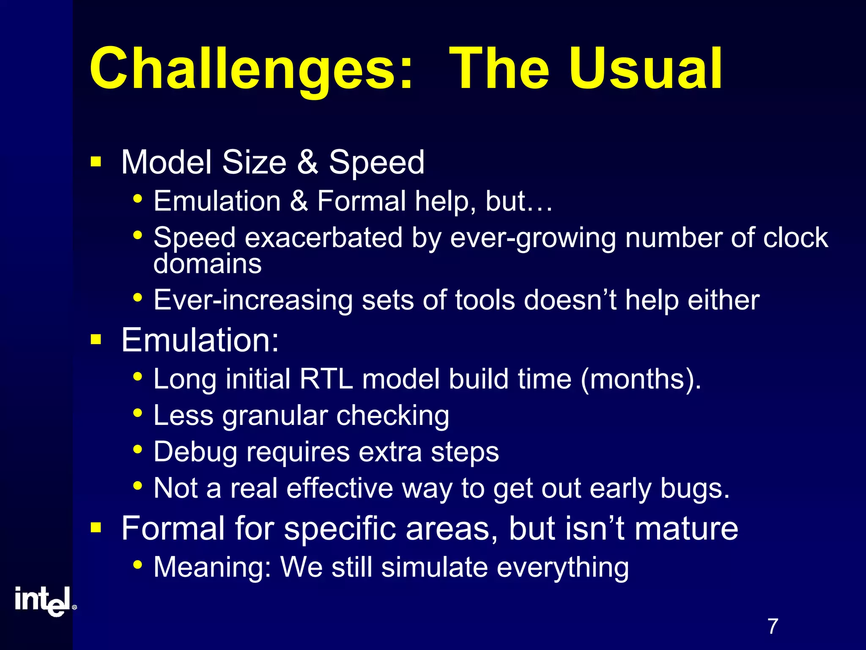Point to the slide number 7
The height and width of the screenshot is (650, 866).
tap(773, 626)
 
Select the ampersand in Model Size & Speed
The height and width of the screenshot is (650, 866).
tap(307, 162)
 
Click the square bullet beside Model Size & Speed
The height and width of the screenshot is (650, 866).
tap(96, 162)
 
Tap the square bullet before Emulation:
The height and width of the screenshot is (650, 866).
tap(96, 339)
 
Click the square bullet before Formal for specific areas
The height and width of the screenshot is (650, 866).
tap(96, 528)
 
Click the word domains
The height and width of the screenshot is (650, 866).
tap(207, 264)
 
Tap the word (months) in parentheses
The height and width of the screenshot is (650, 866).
tap(641, 379)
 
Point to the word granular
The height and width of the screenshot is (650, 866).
tap(275, 416)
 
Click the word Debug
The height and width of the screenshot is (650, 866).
tap(195, 452)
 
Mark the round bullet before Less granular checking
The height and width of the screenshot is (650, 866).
tap(137, 413)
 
